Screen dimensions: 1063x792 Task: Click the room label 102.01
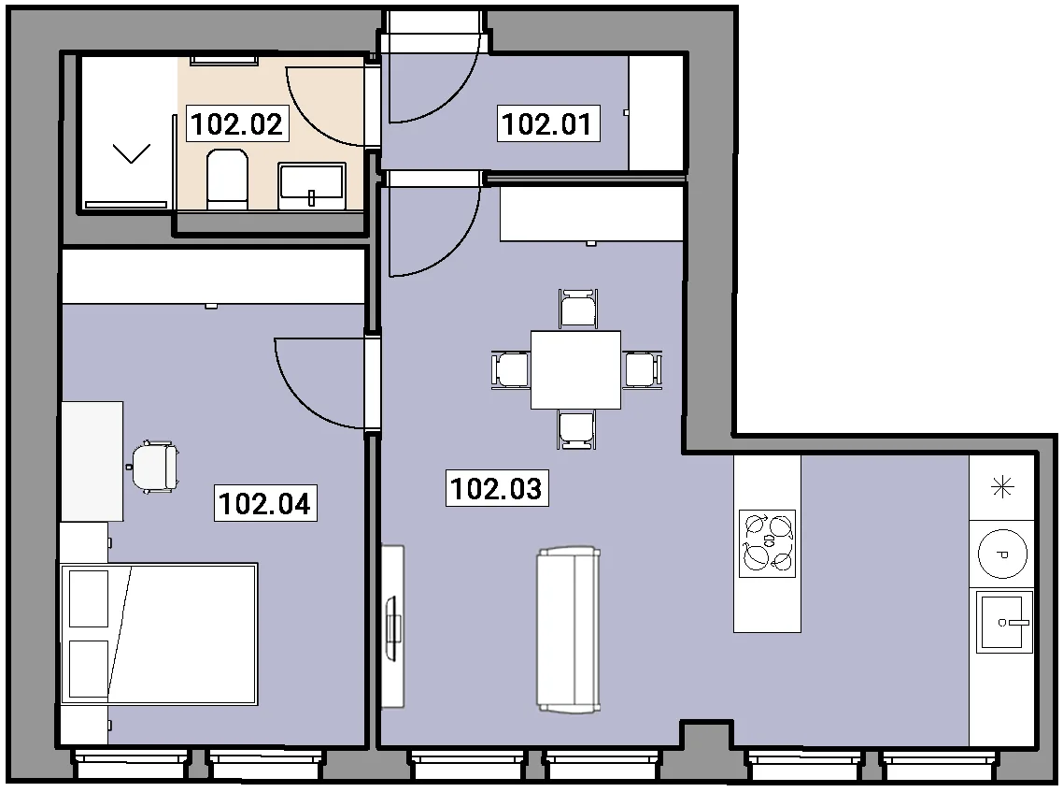(x=547, y=123)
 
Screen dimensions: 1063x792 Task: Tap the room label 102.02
(x=237, y=123)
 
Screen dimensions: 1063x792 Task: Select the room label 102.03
(x=497, y=488)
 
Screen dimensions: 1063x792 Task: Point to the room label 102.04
(x=265, y=503)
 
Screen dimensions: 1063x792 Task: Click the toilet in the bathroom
(x=227, y=180)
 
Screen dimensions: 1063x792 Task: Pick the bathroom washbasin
(x=312, y=185)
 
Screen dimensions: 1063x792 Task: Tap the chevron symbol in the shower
(x=131, y=153)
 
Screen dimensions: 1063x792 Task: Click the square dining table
(x=575, y=370)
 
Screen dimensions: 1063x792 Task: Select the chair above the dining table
(x=577, y=309)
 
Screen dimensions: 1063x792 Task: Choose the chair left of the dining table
(x=511, y=370)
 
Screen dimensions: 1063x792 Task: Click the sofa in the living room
(x=569, y=629)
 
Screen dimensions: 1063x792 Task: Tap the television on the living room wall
(x=392, y=627)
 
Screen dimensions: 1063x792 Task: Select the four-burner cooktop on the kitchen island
(x=768, y=543)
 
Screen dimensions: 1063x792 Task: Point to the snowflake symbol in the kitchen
(x=1002, y=487)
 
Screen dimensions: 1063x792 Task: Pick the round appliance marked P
(x=1002, y=554)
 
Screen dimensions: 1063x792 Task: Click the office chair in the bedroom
(x=155, y=467)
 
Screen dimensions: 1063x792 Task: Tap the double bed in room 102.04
(x=160, y=634)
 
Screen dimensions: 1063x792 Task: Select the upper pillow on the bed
(x=89, y=598)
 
